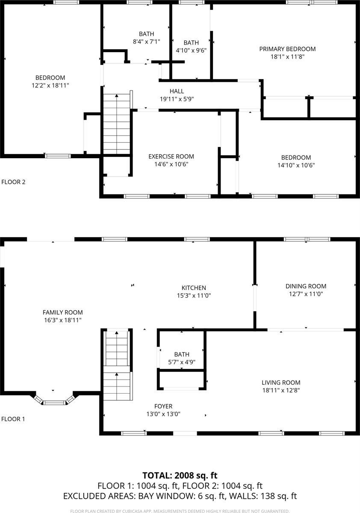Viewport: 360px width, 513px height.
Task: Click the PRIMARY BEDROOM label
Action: coord(287,49)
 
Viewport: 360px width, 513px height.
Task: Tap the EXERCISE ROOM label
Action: coord(171,156)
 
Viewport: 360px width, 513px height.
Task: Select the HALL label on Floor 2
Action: coord(177,91)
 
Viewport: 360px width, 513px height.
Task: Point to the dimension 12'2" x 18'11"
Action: coord(50,85)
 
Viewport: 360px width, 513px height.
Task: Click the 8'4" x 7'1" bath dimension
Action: coord(146,41)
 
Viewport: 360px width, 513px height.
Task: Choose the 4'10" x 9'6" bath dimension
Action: coord(191,50)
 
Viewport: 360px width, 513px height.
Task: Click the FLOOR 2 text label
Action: coord(13,182)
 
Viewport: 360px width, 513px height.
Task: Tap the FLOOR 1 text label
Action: coord(13,419)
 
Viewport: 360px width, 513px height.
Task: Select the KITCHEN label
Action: coord(194,288)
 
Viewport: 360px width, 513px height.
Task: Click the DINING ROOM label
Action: coord(306,286)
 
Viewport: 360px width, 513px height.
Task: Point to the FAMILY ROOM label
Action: coord(62,313)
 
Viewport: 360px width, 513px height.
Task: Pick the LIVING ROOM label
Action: coord(281,383)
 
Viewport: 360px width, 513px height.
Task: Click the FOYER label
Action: coord(163,406)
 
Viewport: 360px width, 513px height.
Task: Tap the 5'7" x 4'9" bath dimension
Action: coord(181,362)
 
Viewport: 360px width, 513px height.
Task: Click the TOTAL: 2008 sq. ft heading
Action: coord(180,475)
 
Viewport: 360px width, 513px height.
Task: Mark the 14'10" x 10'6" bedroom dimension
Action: coord(296,165)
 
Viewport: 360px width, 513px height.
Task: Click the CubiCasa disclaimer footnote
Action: coord(180,511)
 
